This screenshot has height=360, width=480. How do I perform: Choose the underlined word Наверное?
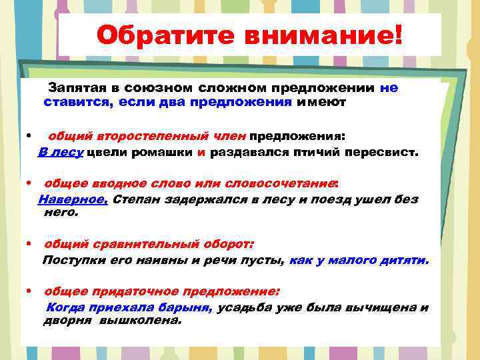click(x=73, y=199)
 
